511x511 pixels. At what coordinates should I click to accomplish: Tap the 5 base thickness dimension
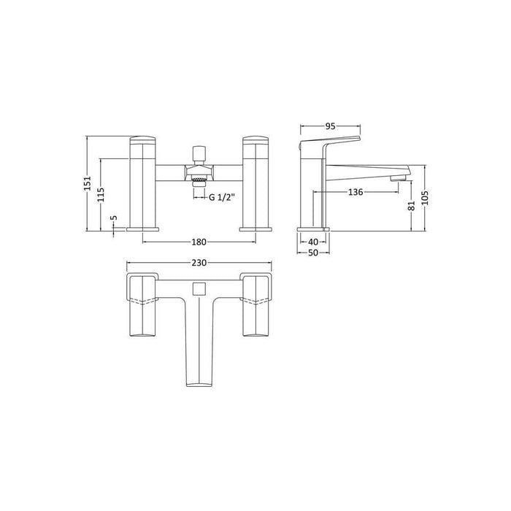tap(113, 218)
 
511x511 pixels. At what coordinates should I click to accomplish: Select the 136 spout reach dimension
tap(356, 192)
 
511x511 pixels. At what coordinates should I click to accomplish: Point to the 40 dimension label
tap(313, 242)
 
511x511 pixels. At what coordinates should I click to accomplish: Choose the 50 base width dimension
tap(313, 253)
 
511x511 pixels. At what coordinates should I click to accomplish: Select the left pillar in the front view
tap(142, 182)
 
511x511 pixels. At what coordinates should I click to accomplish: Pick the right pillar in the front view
tap(255, 182)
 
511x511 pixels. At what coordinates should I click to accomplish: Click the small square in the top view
tap(199, 291)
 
